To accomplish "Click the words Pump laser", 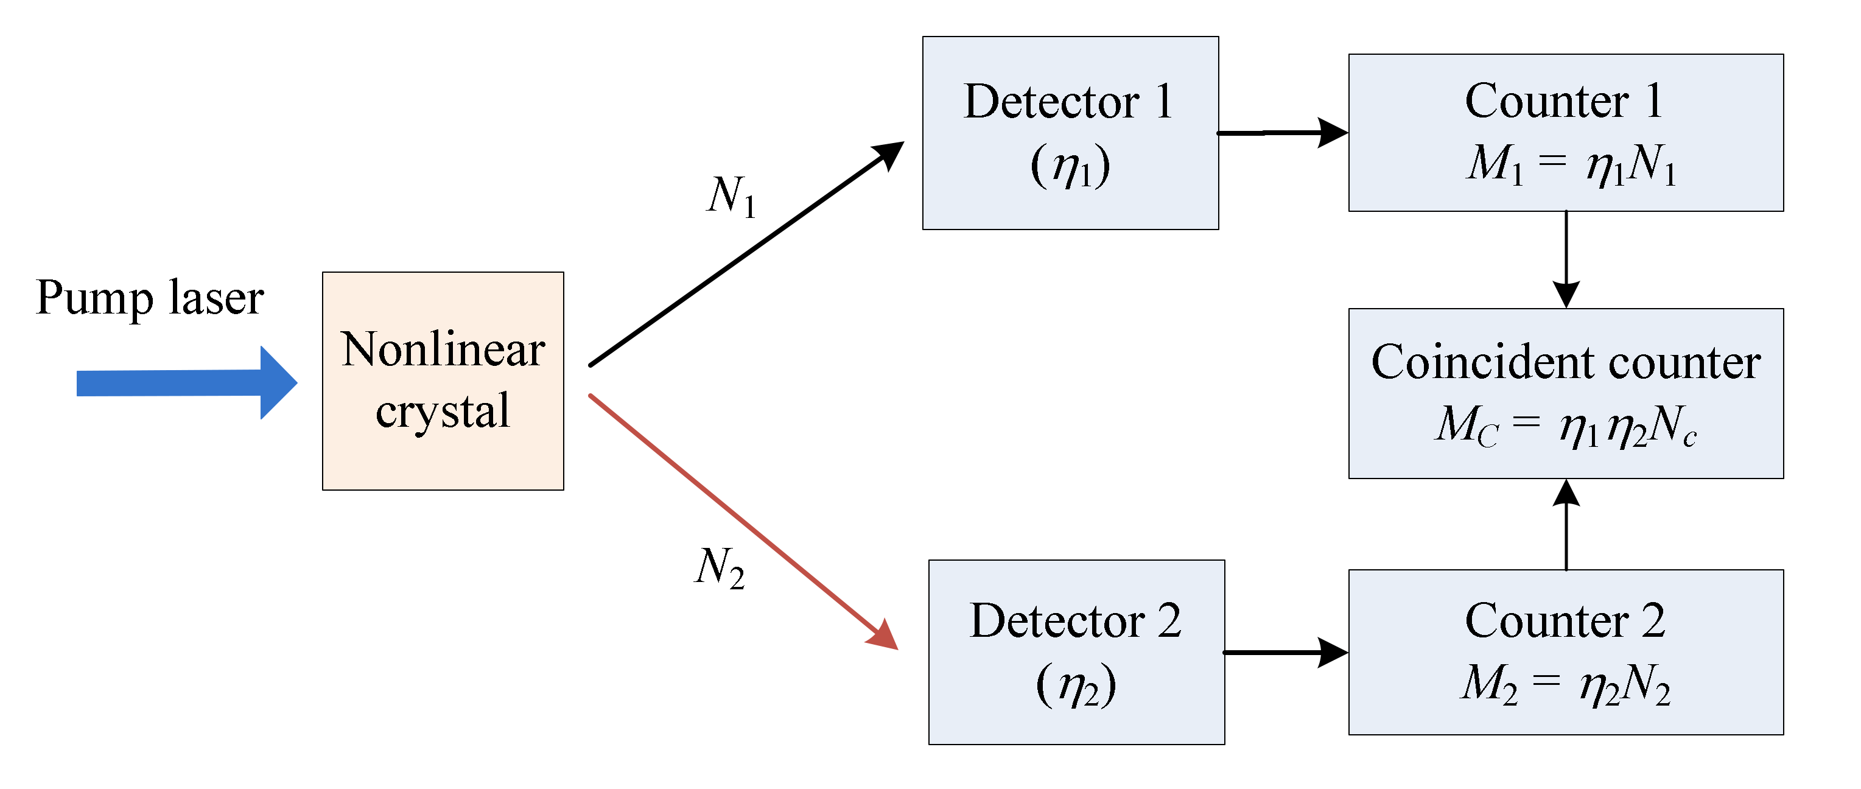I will tap(150, 298).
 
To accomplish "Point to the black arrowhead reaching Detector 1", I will tap(889, 154).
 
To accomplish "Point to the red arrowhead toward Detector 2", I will tap(883, 636).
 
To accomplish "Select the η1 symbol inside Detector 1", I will tap(1070, 167).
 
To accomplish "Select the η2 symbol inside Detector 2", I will tap(1076, 686).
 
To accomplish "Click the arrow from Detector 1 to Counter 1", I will tap(1281, 133).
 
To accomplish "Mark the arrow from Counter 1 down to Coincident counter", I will tap(1566, 260).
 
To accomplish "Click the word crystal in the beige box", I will tap(443, 412).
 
